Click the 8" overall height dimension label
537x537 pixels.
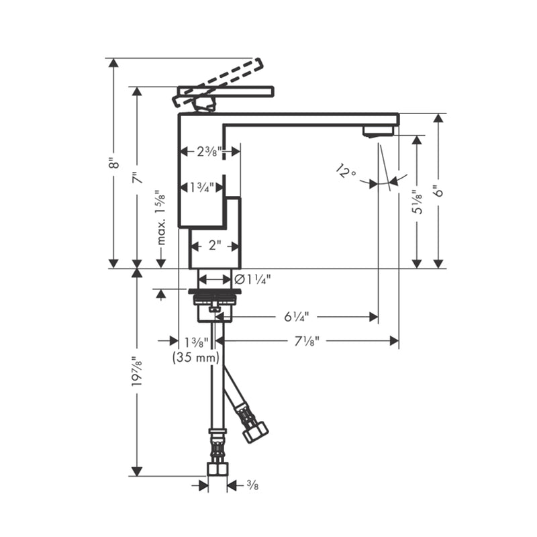[113, 163]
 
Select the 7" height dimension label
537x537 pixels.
[137, 178]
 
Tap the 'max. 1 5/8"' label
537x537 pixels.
[161, 217]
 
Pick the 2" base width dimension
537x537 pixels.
[214, 245]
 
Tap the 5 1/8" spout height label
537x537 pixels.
[417, 201]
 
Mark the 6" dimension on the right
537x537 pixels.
[439, 191]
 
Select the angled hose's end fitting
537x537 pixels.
[255, 430]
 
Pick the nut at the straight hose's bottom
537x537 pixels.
[217, 468]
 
